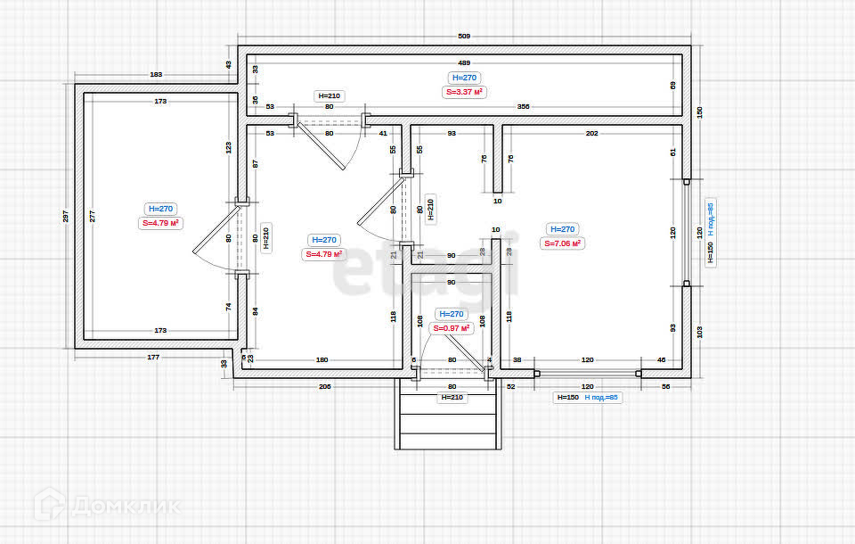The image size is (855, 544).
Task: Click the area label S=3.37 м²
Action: click(x=464, y=91)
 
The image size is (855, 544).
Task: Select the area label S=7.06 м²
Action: click(x=562, y=243)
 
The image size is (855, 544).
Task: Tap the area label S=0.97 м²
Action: click(x=451, y=328)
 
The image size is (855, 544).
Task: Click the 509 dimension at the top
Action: click(x=463, y=37)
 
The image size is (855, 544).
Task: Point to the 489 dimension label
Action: click(x=463, y=63)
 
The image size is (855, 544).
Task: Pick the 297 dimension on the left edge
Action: click(x=65, y=217)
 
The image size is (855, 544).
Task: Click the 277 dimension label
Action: click(x=91, y=217)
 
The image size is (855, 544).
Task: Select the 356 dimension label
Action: click(x=523, y=107)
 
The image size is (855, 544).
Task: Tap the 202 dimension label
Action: click(x=591, y=133)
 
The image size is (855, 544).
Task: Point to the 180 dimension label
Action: click(x=322, y=360)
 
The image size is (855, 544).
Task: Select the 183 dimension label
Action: click(x=156, y=75)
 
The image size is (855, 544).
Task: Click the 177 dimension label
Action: click(x=153, y=358)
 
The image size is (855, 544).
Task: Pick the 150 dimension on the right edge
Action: click(x=699, y=111)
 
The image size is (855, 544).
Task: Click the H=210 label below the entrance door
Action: click(x=452, y=398)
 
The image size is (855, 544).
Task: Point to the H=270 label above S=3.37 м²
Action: click(x=464, y=78)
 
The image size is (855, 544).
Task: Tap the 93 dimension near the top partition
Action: click(x=452, y=133)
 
